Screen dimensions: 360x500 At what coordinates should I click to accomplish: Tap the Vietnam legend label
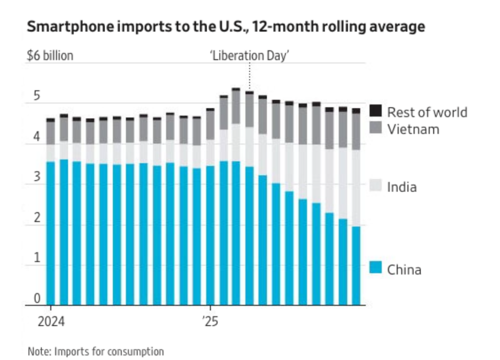click(413, 129)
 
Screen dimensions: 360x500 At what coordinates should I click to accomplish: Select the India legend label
click(401, 187)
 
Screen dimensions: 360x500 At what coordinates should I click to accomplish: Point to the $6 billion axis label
click(50, 55)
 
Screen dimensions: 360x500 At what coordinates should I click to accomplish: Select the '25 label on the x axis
click(210, 323)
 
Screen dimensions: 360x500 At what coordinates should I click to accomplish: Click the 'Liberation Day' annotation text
click(250, 55)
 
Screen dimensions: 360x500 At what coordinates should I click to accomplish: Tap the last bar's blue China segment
click(356, 266)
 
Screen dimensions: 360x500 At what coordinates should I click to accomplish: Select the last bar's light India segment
click(356, 188)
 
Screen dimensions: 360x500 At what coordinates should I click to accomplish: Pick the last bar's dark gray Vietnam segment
click(356, 132)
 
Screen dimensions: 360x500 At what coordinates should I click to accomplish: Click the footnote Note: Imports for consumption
click(96, 351)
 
